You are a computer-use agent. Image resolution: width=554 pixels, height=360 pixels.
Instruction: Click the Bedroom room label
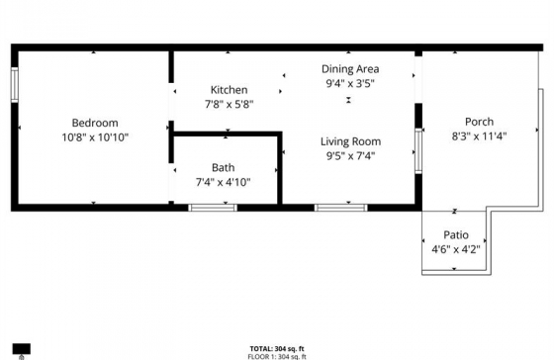point(95,123)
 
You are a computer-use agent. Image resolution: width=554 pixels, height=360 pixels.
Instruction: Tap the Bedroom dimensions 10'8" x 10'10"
point(95,137)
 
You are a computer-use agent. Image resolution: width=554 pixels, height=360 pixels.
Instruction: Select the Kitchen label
point(229,90)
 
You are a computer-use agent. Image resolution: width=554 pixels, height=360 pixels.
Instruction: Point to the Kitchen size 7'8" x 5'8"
point(229,105)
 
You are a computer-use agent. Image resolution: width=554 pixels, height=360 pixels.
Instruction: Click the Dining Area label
point(350,69)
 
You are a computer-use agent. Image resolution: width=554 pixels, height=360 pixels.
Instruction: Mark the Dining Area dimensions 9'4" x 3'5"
point(350,84)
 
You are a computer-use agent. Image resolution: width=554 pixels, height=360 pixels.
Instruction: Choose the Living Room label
point(350,141)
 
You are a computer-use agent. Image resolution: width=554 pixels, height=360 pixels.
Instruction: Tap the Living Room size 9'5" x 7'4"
point(350,156)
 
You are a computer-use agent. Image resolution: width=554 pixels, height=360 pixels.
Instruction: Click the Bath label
point(223,167)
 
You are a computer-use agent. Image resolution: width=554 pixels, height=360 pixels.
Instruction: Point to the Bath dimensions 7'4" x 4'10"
point(223,182)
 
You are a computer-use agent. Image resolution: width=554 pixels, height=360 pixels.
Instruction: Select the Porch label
point(479,122)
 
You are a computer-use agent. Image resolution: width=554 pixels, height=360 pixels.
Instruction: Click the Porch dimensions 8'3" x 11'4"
point(479,136)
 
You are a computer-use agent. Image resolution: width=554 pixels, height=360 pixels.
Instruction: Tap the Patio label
point(456,235)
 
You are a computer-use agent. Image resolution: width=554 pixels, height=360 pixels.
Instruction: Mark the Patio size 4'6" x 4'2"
point(456,250)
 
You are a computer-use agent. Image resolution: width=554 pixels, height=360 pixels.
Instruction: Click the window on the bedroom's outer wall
point(15,85)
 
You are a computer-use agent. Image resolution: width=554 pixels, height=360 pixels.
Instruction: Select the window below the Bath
point(213,208)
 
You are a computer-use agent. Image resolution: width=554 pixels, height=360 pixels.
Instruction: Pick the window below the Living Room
point(341,208)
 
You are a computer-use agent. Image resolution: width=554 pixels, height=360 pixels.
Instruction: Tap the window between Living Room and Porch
point(418,151)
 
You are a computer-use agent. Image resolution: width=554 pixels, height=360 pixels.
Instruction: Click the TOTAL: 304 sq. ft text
point(277,349)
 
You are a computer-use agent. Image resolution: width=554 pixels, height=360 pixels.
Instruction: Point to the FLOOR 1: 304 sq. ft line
point(277,356)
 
